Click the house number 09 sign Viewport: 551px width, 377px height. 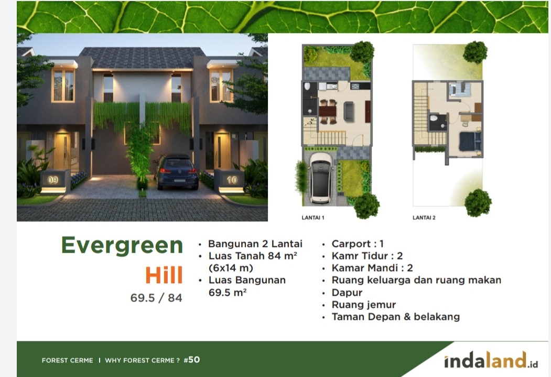pos(53,180)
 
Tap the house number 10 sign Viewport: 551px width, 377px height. pos(232,180)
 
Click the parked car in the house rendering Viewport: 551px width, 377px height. pos(176,171)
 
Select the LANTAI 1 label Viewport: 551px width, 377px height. pos(313,218)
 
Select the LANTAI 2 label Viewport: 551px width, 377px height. pos(424,218)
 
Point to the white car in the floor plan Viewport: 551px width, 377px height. pos(321,178)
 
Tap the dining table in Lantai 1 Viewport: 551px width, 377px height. pos(328,112)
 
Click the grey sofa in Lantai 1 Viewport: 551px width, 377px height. pos(349,111)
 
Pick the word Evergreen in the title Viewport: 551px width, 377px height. pos(122,245)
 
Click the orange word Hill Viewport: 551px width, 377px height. pos(164,275)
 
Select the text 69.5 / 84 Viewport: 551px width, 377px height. pos(156,298)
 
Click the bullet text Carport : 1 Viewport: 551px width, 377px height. pos(358,244)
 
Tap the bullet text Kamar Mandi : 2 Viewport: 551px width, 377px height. pos(372,268)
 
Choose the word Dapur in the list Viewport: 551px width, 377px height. pos(347,293)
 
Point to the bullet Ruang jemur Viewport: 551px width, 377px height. pos(364,305)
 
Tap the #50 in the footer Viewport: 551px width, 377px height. pos(192,360)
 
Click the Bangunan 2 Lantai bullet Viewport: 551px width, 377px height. pos(255,244)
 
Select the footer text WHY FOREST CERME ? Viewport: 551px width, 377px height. pos(142,361)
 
